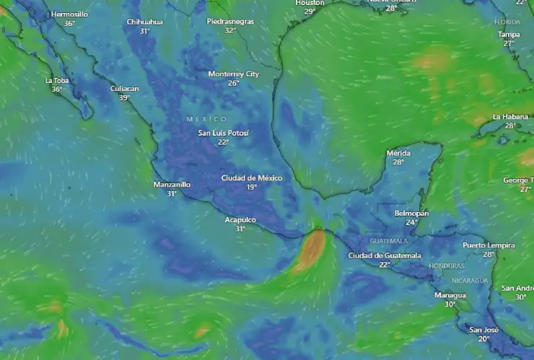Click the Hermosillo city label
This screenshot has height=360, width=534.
(69, 14)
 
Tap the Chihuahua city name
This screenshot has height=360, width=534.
(144, 22)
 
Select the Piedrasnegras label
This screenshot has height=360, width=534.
(230, 22)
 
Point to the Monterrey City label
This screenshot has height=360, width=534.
(233, 74)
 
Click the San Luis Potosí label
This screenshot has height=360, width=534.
(223, 133)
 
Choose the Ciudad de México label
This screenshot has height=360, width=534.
(251, 177)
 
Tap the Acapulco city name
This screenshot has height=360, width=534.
(240, 219)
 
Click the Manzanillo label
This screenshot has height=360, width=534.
(172, 184)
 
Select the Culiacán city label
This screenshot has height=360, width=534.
(124, 88)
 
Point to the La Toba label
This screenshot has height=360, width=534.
(57, 80)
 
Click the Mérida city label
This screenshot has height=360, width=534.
(398, 153)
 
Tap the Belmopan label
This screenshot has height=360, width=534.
(411, 214)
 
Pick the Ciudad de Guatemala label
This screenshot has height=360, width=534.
(384, 255)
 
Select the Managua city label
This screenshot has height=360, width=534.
(450, 295)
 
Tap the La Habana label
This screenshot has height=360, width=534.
(511, 116)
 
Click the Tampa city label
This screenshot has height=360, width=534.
(509, 34)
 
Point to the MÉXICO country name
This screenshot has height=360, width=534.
(206, 118)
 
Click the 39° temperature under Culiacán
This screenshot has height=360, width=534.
(124, 97)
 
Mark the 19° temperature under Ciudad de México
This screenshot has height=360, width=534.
(251, 187)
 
